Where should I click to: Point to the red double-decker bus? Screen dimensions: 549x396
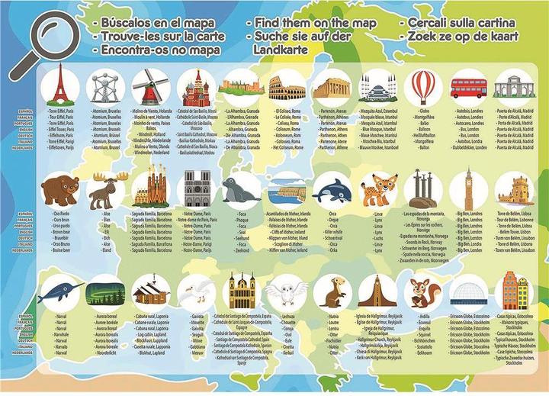pos(468,88)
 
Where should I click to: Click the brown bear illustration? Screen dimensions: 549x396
pos(59,188)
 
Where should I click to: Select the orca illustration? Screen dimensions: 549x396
pos(332,188)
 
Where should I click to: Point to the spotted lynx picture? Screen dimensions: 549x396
pos(378,188)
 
